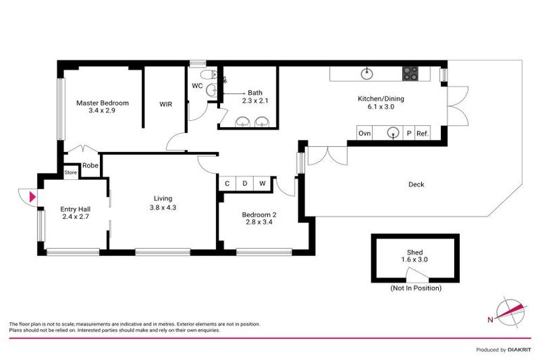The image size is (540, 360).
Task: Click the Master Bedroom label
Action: coord(102,103)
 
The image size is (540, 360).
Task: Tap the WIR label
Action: coord(166,104)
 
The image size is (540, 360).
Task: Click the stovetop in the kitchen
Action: coord(411,74)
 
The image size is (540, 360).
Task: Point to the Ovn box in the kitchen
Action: coord(364,133)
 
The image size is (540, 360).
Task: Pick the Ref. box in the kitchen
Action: coord(422,133)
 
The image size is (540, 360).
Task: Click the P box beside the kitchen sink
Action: coord(408,133)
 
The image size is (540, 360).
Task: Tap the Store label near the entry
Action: coord(70,172)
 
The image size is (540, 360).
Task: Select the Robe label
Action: coord(90,166)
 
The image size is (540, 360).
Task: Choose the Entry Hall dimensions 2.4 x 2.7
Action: coord(75,217)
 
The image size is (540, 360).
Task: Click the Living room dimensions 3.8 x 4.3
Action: coord(162,207)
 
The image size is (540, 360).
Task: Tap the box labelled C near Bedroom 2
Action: coord(227,184)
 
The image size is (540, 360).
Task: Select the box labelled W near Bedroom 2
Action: coord(262,184)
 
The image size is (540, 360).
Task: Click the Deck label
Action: coord(416,185)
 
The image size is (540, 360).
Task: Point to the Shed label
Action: coord(415,252)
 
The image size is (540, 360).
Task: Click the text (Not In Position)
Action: coord(415,288)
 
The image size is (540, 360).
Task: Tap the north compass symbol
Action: coord(510,311)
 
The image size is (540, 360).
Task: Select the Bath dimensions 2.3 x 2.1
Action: coord(255,101)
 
